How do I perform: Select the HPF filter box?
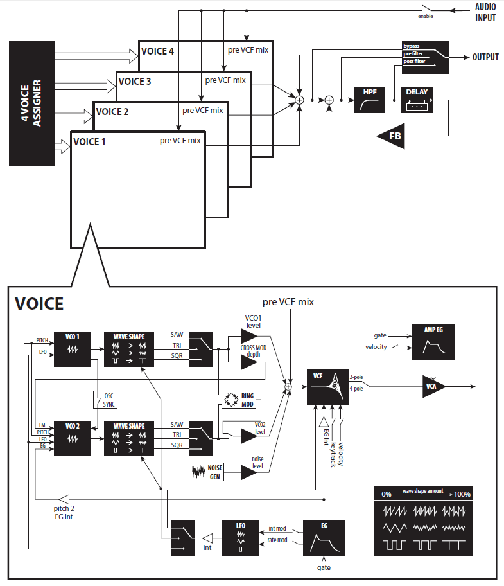(x=370, y=100)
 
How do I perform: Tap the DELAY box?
(x=417, y=100)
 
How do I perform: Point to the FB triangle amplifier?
(x=391, y=136)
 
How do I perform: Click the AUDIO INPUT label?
(x=485, y=13)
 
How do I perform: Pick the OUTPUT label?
(x=485, y=57)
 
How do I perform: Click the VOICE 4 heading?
(x=158, y=51)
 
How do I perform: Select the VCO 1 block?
(x=71, y=349)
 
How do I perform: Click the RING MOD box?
(x=238, y=400)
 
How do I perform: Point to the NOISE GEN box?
(x=207, y=472)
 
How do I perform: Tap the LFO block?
(x=240, y=538)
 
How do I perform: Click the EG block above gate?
(x=324, y=538)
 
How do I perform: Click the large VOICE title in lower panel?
(x=39, y=303)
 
